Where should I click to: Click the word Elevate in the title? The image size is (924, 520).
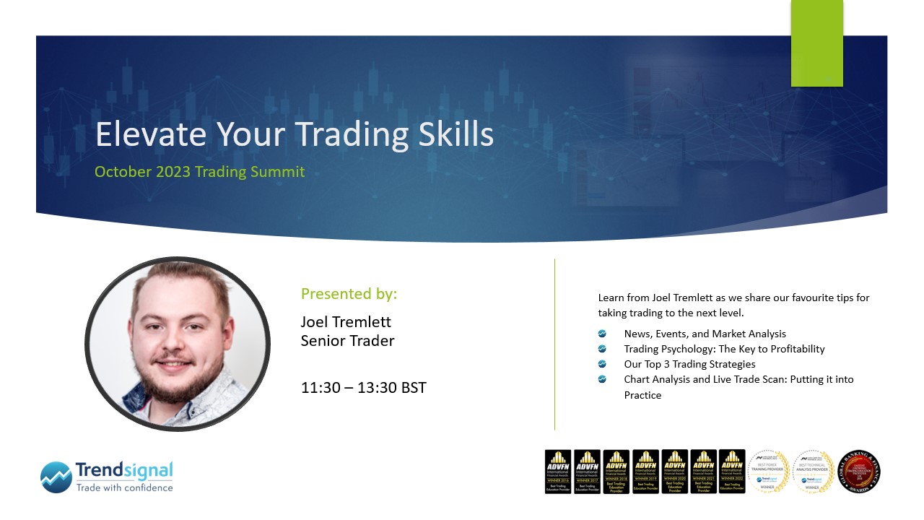137,135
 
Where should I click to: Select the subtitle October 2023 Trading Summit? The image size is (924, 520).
199,172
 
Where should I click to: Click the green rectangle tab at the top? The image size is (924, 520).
816,43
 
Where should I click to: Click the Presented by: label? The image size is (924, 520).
349,294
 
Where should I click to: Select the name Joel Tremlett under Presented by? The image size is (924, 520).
346,321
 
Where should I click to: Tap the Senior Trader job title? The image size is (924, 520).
347,341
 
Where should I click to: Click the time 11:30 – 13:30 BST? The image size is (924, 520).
363,388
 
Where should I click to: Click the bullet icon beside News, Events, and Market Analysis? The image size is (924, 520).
602,334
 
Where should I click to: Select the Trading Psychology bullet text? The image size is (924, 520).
724,349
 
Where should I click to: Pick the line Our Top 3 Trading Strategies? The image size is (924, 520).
689,364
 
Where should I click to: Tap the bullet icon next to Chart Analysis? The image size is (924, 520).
602,379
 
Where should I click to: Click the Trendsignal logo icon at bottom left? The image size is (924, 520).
56,477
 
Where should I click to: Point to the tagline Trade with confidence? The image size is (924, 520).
124,487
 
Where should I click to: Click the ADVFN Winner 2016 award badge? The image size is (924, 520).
557,472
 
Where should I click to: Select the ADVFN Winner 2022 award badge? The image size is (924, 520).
732,472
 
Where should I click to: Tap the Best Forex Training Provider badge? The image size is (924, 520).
768,472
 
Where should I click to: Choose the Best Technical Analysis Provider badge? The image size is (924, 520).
813,472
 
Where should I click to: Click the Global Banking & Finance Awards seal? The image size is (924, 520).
858,472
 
